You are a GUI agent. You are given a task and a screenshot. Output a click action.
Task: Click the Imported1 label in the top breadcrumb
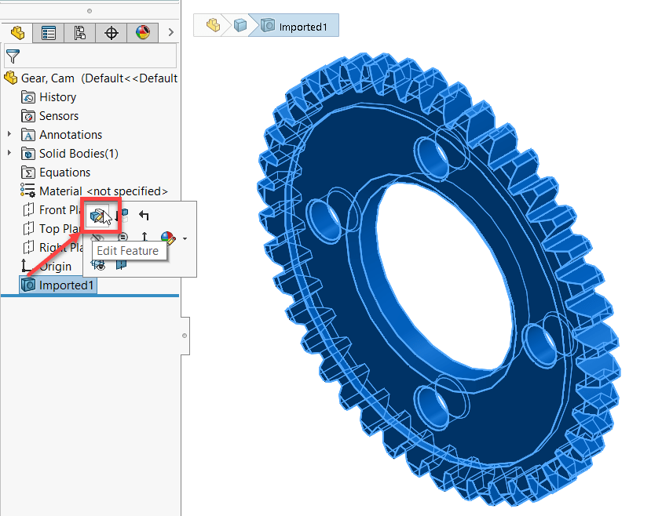tap(303, 27)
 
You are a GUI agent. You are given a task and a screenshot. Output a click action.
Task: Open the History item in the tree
tap(57, 97)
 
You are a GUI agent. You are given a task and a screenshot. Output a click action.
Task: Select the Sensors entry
tap(58, 116)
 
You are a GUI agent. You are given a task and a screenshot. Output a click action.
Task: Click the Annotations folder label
tap(70, 135)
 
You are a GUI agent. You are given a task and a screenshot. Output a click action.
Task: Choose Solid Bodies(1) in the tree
tap(79, 154)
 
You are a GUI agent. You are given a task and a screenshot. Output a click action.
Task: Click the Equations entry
tap(64, 173)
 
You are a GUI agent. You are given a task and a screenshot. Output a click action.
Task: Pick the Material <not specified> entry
tap(103, 191)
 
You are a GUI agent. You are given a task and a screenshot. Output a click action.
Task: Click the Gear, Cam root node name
tap(48, 78)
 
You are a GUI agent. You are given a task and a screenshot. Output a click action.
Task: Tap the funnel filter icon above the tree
tap(13, 56)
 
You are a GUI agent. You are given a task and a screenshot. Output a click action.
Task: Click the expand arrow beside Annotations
tap(9, 135)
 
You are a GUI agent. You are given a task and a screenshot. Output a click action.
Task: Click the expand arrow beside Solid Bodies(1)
tap(9, 154)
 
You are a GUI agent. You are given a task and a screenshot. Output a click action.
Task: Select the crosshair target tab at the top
tap(111, 33)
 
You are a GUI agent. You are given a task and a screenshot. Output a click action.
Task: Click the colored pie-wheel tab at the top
tap(142, 33)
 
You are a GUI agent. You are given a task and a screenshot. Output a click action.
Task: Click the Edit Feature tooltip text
tap(127, 251)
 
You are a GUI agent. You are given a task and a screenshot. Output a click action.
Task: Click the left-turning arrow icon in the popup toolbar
tap(144, 216)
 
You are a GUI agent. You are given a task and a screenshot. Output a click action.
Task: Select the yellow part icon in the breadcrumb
tap(212, 26)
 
